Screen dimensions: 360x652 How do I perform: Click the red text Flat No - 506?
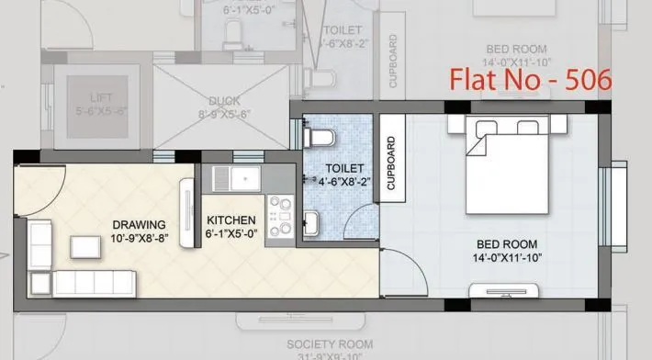(x=530, y=80)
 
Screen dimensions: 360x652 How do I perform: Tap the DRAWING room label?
(x=139, y=224)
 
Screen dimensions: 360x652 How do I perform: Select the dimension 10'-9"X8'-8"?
(x=139, y=236)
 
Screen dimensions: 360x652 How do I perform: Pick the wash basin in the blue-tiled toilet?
(x=312, y=223)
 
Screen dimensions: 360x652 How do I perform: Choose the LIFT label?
(x=96, y=97)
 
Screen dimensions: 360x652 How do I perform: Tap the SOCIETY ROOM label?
(x=305, y=344)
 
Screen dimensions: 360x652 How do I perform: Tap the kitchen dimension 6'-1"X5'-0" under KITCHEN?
(x=231, y=234)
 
